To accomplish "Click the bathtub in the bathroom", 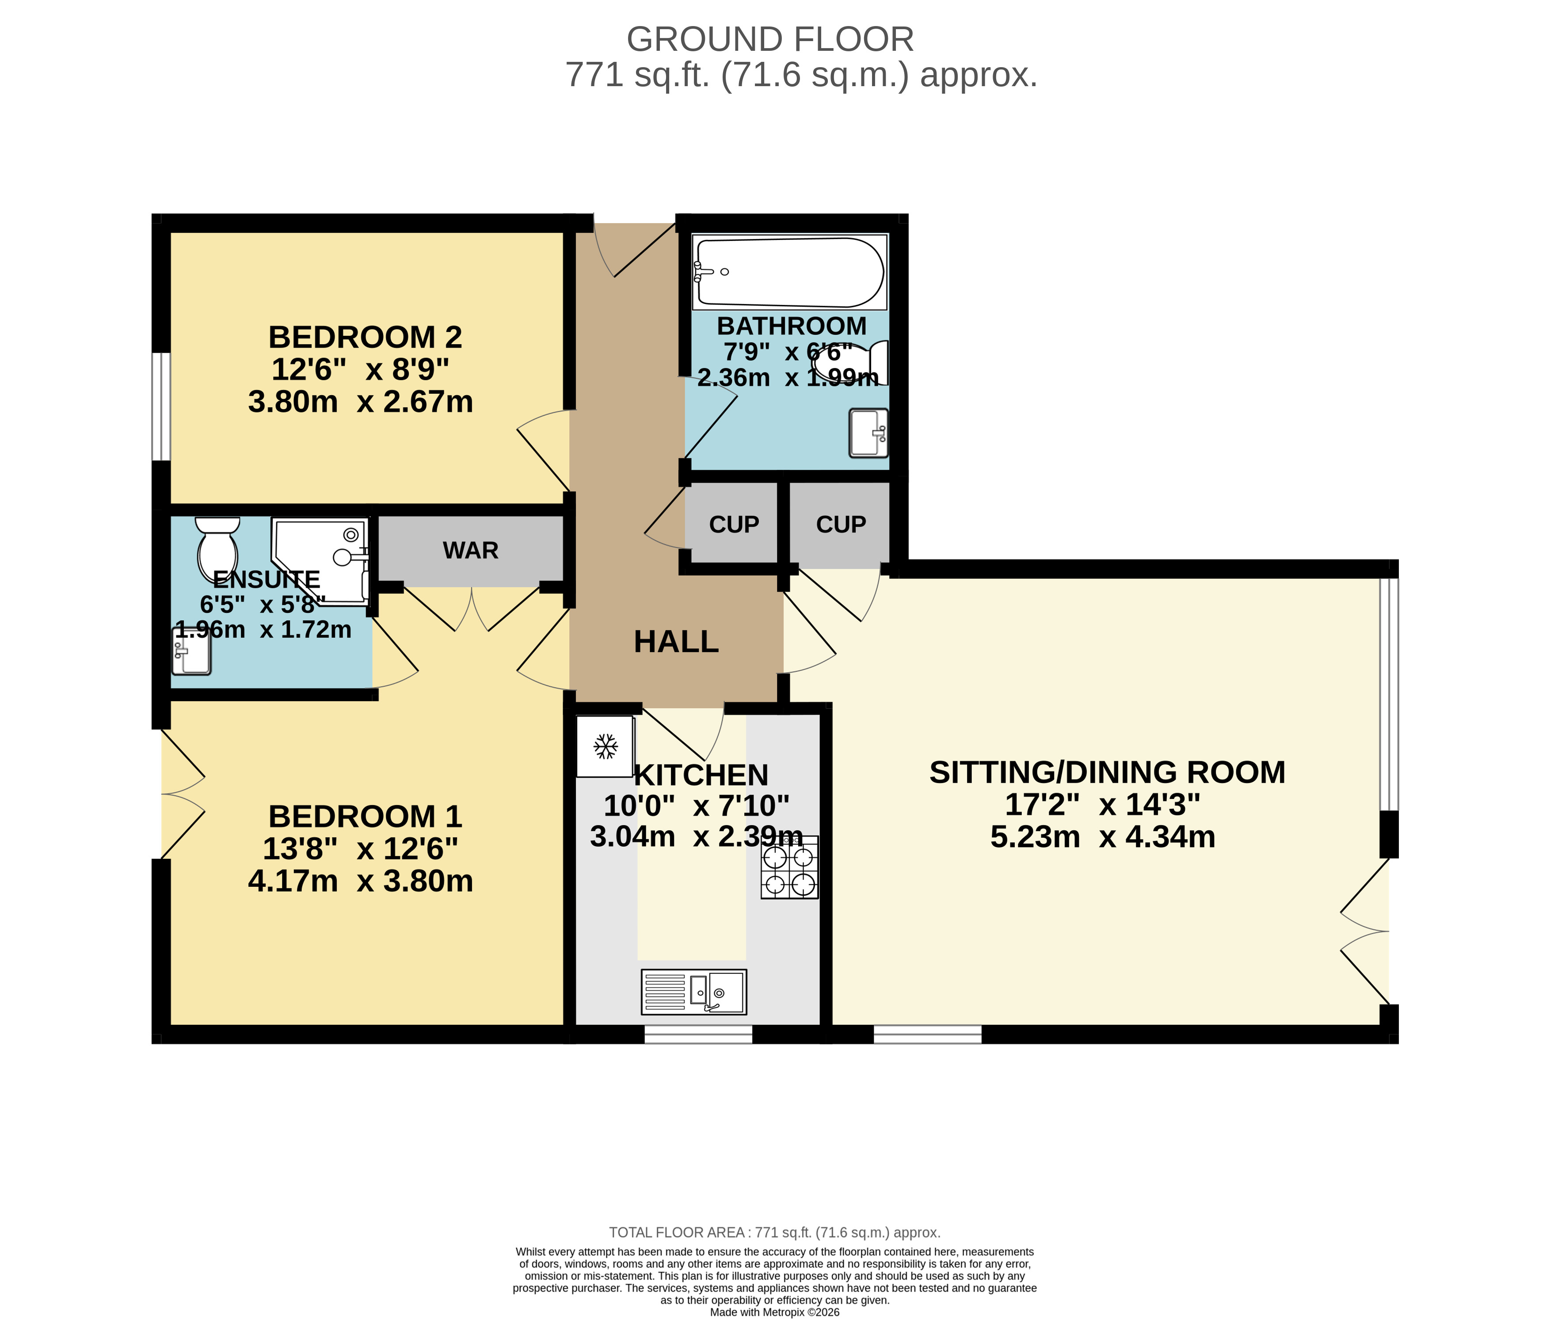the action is [789, 272].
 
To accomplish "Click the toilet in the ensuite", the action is [217, 550].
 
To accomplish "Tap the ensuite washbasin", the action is [191, 650].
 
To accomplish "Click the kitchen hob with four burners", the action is [789, 867].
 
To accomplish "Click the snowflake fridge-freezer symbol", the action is [606, 746].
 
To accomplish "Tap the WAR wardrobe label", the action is [470, 550].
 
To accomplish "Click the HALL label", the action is [676, 642].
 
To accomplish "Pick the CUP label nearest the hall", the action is [734, 524].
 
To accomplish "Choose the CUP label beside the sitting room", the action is [841, 524].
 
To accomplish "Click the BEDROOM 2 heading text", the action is [365, 337].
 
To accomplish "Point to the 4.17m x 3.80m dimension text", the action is [360, 881].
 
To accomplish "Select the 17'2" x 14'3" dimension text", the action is [1103, 805].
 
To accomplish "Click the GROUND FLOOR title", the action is [770, 39].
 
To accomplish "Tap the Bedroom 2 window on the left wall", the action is [161, 407].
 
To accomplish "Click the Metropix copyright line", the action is [775, 1311].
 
